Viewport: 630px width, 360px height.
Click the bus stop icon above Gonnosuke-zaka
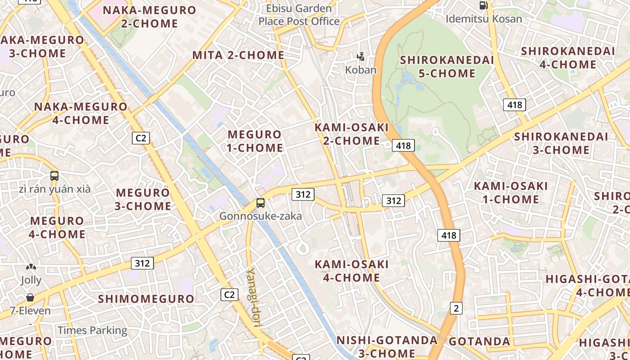tap(261, 202)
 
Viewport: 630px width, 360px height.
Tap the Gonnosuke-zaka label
tap(261, 216)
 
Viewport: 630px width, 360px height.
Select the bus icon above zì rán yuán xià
tap(54, 176)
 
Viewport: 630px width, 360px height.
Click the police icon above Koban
tap(360, 57)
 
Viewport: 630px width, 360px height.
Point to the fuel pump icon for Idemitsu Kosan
tap(484, 5)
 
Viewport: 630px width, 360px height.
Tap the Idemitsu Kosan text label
tap(484, 19)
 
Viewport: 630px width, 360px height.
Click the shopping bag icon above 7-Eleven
tap(30, 297)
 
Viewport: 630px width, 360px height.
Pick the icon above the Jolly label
tap(31, 267)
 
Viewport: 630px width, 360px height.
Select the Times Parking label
tap(92, 330)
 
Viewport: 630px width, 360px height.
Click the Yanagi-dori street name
tap(255, 297)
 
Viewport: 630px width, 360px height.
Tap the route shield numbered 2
tap(456, 308)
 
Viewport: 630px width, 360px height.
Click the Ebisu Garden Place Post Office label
tap(299, 15)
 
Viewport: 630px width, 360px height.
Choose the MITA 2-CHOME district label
tap(238, 55)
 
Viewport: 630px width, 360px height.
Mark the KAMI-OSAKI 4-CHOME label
tap(351, 271)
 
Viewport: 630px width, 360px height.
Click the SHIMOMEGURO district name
tap(146, 299)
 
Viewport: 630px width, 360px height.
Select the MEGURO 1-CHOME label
tap(255, 141)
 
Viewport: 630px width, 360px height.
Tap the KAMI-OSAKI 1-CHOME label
tap(511, 193)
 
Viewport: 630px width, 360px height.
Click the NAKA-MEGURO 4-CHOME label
tap(81, 113)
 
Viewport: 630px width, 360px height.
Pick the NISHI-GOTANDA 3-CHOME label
tap(387, 346)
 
